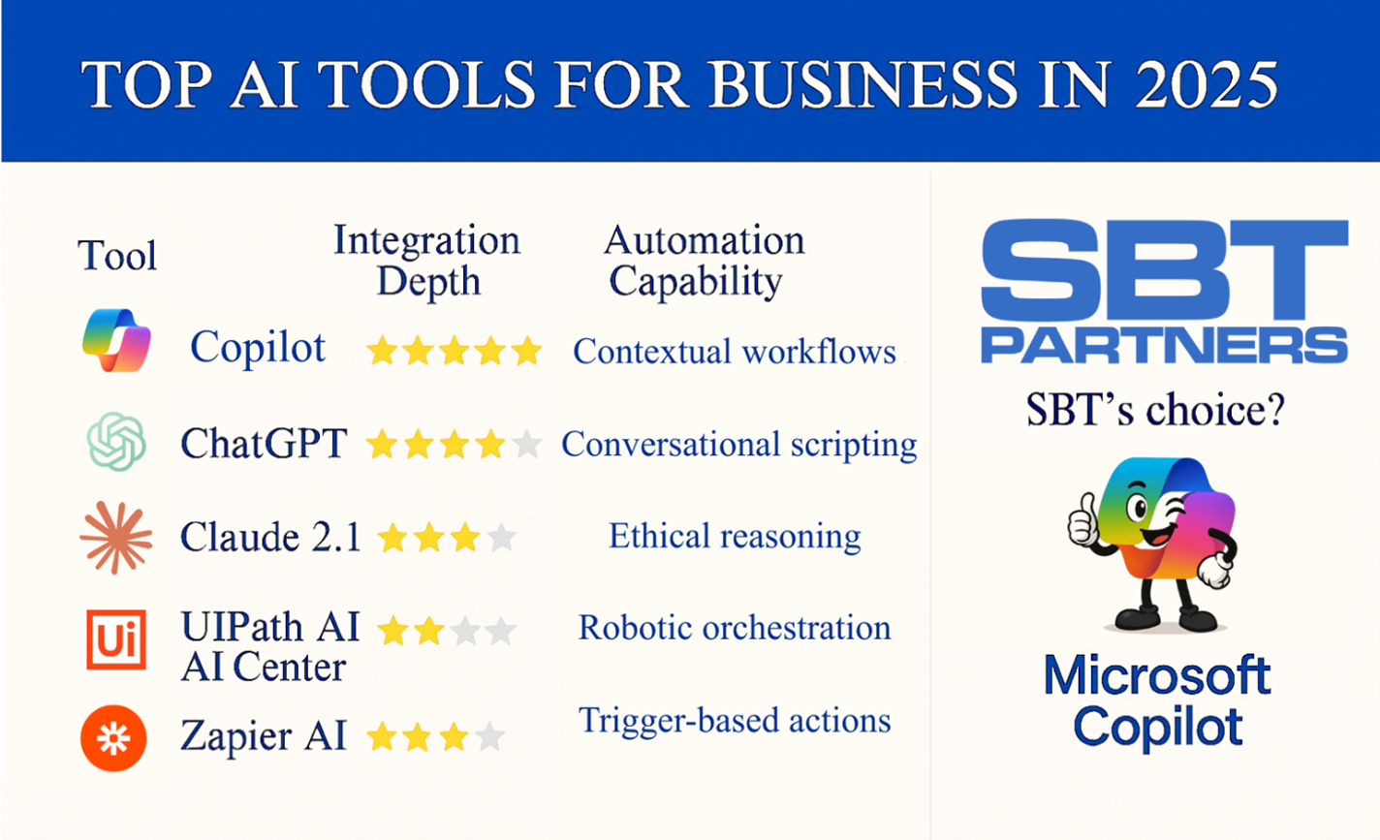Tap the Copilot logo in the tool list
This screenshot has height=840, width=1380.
(x=116, y=341)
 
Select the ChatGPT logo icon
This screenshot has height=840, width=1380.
(x=116, y=442)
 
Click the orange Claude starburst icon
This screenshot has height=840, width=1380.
(x=116, y=537)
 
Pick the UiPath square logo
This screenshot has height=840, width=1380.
(x=116, y=639)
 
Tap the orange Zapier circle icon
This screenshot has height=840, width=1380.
(x=114, y=738)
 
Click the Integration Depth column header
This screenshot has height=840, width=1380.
(x=427, y=261)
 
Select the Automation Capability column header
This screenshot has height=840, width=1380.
(x=704, y=261)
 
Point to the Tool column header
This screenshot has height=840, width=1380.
(x=117, y=256)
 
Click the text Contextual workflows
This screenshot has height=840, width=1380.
(x=735, y=351)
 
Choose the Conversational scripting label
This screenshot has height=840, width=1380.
(x=739, y=444)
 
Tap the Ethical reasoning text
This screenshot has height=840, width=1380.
(x=735, y=536)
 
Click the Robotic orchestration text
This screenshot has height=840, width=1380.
(x=735, y=628)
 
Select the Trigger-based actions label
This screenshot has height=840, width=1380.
(x=735, y=720)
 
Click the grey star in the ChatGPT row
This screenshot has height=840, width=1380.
(x=526, y=445)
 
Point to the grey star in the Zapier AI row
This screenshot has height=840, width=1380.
(x=490, y=737)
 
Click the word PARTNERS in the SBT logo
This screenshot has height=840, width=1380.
(x=1164, y=344)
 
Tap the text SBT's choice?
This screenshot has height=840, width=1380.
(x=1155, y=411)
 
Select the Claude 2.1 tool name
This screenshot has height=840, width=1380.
(x=270, y=537)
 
